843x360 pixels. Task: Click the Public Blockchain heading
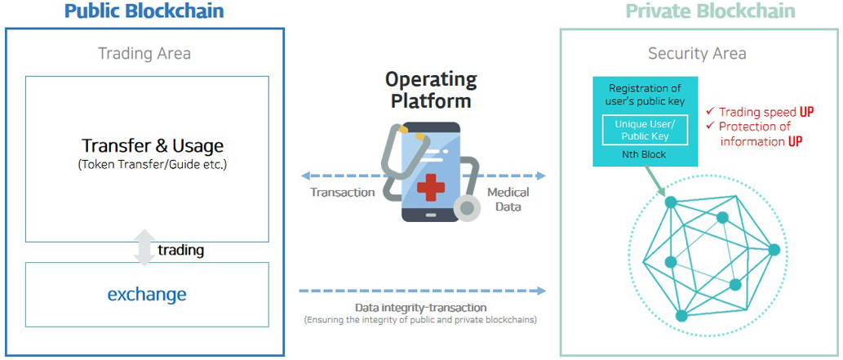[144, 11]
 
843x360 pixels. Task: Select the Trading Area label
[144, 54]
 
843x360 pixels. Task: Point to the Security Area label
[697, 54]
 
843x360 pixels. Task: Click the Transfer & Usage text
[153, 146]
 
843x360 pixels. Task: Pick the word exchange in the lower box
[147, 295]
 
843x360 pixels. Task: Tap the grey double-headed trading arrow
[144, 247]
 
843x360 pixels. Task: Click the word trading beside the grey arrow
[180, 251]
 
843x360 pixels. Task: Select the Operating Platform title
[431, 90]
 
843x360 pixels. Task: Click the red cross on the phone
[431, 187]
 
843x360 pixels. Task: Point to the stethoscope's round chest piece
[467, 207]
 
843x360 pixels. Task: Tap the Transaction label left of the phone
[343, 192]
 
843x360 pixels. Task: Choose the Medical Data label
[508, 198]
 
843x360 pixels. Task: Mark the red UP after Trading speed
[805, 112]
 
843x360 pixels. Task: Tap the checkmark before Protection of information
[710, 126]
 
